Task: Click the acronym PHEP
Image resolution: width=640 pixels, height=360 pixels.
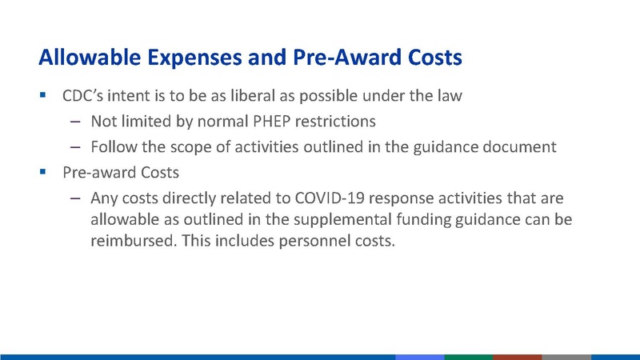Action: [x=248, y=122]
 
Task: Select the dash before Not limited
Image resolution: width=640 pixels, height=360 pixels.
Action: [x=74, y=122]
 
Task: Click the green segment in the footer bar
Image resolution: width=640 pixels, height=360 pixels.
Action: [x=468, y=356]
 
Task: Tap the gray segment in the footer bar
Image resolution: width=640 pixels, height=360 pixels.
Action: [x=566, y=356]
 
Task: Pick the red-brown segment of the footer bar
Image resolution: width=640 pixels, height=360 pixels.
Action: [x=517, y=356]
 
